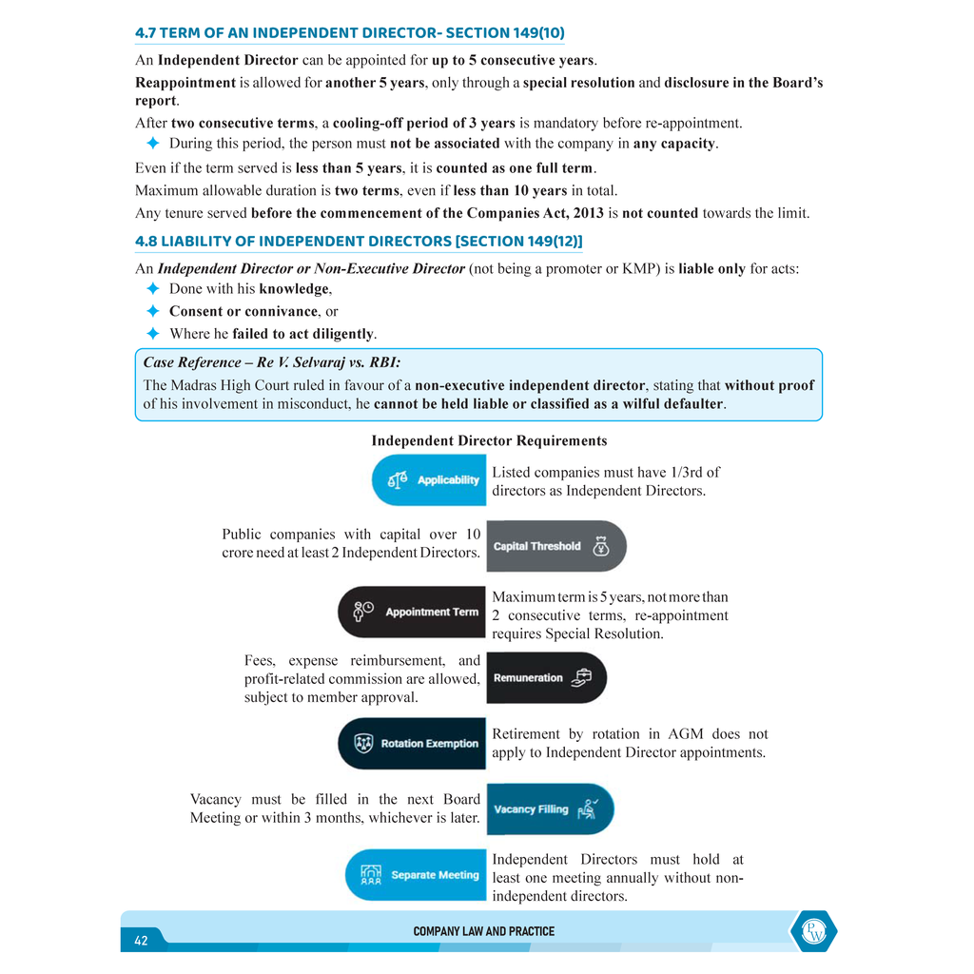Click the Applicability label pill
(x=429, y=479)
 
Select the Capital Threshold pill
(x=555, y=546)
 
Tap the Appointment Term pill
(x=412, y=612)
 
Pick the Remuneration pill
(x=546, y=677)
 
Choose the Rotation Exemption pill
(x=412, y=743)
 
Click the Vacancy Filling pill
(x=549, y=808)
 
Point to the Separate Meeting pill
(x=416, y=874)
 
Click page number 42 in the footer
(x=141, y=940)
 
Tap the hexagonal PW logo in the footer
(x=813, y=931)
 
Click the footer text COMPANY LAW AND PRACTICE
(x=483, y=931)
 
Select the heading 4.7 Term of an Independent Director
(x=349, y=32)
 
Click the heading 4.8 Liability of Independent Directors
(x=359, y=242)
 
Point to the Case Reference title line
(x=272, y=362)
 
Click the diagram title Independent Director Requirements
(x=489, y=440)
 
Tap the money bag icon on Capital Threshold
(x=600, y=546)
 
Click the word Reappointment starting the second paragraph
(x=185, y=83)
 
